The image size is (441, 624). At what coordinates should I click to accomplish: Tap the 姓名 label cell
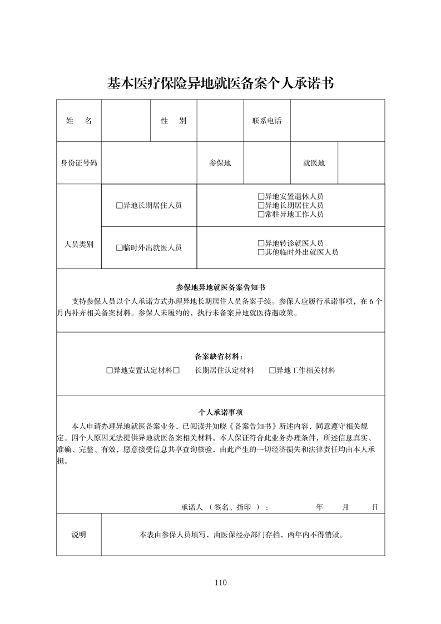tap(78, 121)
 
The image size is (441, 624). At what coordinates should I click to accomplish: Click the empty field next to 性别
tap(220, 121)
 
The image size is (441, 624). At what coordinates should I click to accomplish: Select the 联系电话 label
tap(267, 121)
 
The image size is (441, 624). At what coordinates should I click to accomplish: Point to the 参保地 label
tap(220, 163)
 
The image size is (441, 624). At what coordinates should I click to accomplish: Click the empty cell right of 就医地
tap(361, 163)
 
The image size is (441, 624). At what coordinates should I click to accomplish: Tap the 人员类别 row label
tap(78, 244)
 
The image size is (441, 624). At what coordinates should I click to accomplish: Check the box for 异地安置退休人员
tap(261, 197)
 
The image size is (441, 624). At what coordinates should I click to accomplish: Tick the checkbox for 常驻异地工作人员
tap(261, 214)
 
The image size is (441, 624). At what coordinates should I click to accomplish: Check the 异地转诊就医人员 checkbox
tap(261, 244)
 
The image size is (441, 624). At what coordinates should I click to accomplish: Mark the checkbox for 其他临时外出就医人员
tap(261, 252)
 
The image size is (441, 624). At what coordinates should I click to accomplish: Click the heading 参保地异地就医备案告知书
tap(220, 288)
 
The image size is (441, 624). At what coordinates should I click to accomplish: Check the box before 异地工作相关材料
tap(272, 370)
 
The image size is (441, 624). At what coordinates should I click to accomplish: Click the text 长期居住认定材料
tap(224, 370)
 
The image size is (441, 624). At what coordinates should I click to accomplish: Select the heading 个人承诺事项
tap(220, 413)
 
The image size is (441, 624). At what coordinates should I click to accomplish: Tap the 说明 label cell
tap(78, 535)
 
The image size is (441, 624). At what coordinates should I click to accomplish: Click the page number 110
tap(220, 583)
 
